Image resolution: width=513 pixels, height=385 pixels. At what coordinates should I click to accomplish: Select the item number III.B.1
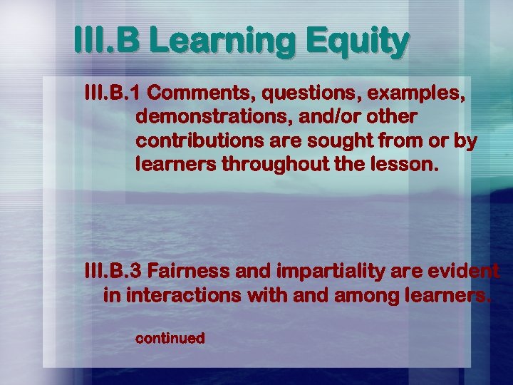tap(113, 93)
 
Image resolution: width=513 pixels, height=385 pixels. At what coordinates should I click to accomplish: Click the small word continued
tap(170, 338)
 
